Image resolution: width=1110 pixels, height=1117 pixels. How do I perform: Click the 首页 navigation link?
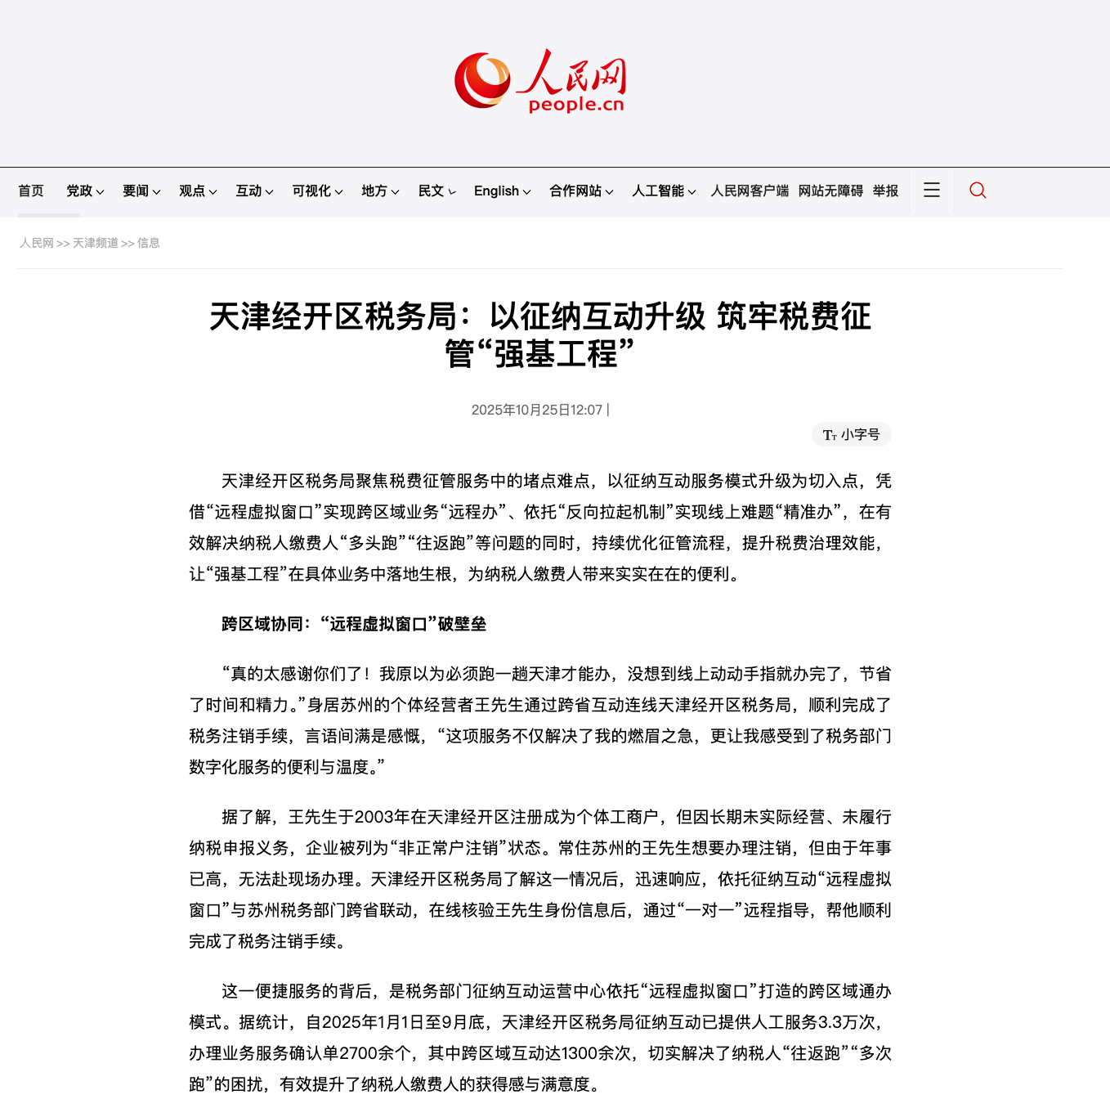point(31,191)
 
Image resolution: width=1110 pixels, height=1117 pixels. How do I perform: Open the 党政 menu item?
point(85,191)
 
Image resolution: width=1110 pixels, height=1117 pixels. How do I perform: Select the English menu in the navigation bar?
point(502,191)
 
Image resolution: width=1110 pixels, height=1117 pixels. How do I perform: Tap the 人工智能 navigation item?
point(663,191)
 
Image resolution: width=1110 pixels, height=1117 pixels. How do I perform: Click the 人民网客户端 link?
point(750,191)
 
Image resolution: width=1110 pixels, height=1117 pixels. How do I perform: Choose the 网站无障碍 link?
point(830,191)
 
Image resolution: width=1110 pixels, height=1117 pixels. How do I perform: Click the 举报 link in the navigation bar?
point(885,191)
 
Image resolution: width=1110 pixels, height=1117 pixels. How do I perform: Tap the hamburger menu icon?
point(932,191)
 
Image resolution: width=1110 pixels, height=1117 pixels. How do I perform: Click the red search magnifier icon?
point(978,191)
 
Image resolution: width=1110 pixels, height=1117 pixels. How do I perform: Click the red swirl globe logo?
point(482,80)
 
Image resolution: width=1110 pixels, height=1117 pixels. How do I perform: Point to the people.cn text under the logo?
point(576,105)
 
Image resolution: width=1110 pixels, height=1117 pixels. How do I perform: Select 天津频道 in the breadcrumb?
point(96,243)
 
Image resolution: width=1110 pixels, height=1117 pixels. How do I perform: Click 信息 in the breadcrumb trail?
point(149,243)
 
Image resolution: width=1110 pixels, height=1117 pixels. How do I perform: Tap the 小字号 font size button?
point(852,434)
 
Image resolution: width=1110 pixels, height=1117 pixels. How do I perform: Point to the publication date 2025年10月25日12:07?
point(537,410)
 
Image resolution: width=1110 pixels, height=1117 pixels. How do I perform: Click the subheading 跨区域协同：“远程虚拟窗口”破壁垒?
point(354,624)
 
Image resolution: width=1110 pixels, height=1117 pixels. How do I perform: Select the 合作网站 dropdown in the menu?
point(580,191)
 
